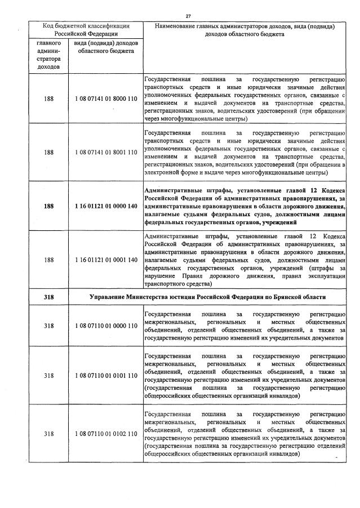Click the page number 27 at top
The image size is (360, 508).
tap(188, 16)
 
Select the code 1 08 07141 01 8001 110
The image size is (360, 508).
tap(105, 152)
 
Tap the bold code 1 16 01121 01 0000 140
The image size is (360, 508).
tap(105, 207)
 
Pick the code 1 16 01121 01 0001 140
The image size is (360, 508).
tap(105, 260)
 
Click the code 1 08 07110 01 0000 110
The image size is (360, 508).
tap(105, 326)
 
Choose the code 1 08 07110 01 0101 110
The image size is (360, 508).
tap(105, 375)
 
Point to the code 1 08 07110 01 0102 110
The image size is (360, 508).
tap(105, 434)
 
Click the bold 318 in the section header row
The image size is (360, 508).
tap(48, 297)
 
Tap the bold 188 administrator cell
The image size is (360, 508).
tap(48, 207)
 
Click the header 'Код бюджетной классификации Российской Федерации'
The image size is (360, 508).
tap(87, 29)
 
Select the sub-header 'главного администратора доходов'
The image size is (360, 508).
tap(48, 55)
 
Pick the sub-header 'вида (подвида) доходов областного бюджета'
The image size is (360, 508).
tap(105, 47)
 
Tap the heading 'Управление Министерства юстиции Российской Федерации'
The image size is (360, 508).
tap(207, 297)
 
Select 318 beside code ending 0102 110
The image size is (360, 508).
tap(48, 434)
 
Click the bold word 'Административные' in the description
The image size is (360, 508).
tap(171, 191)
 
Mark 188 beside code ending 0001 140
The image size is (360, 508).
tap(48, 260)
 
